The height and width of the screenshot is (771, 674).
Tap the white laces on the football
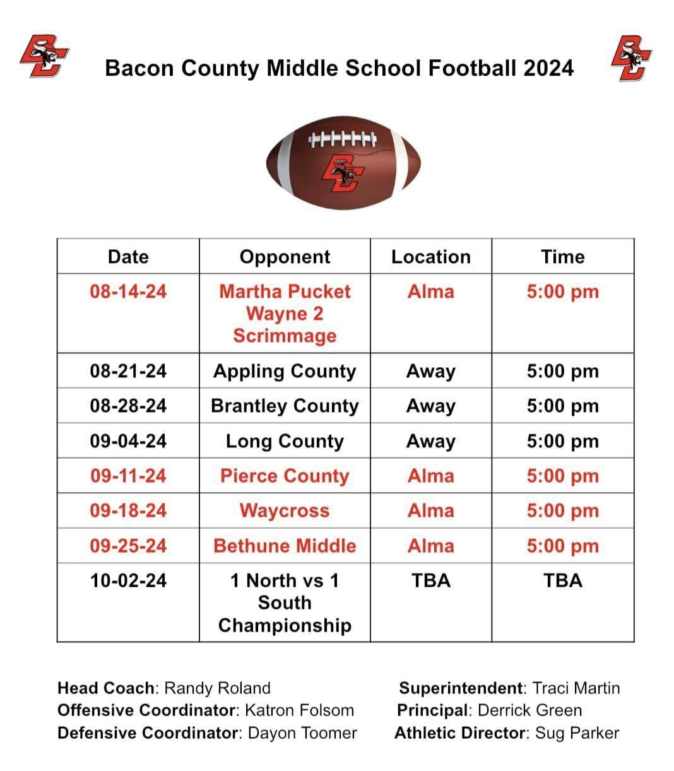click(343, 138)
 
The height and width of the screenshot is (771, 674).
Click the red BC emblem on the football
click(341, 174)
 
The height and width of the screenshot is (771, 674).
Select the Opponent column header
click(285, 257)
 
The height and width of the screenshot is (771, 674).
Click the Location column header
click(431, 257)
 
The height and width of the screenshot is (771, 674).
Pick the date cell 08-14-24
click(128, 291)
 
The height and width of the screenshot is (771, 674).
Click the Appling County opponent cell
click(285, 371)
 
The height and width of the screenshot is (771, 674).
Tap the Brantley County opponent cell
click(285, 406)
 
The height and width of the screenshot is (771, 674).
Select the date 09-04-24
click(128, 441)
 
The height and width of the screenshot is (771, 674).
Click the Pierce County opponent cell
click(285, 476)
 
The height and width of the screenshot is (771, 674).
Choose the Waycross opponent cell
click(285, 510)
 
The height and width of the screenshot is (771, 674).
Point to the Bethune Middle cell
click(285, 546)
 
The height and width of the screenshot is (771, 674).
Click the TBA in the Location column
click(431, 580)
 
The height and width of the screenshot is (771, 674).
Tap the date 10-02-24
click(128, 580)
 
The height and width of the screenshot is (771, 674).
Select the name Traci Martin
click(576, 688)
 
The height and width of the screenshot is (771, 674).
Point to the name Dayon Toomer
click(302, 733)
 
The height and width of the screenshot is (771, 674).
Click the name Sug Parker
click(577, 733)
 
